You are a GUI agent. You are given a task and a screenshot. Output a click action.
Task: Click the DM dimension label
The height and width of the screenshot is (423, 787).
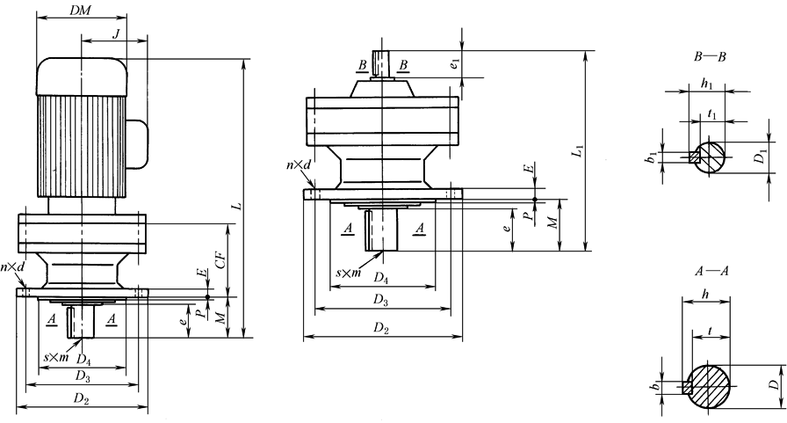point(80,10)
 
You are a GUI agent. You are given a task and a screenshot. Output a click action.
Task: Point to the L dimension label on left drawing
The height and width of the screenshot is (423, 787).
point(235,205)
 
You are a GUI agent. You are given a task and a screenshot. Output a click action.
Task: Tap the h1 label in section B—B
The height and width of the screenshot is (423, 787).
point(707,84)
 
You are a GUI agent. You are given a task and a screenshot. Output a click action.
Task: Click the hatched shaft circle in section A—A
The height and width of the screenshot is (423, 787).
point(709,385)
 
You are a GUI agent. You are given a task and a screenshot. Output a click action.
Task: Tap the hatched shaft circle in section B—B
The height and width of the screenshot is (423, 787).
point(711,157)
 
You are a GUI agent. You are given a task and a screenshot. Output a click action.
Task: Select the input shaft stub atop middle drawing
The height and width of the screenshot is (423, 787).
point(381,63)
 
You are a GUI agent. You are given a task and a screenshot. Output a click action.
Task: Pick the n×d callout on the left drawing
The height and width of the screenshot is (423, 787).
point(12,267)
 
